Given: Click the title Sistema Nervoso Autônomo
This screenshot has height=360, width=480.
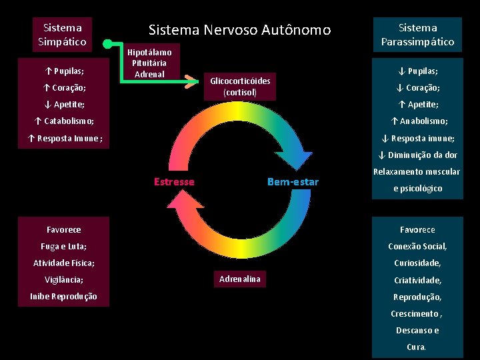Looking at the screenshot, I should point(239,30).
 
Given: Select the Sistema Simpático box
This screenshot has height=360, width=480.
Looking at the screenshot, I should point(62,35).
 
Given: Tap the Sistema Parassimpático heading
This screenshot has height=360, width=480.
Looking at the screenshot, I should point(417,35).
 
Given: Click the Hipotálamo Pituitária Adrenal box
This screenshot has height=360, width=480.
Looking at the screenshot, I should point(149,63).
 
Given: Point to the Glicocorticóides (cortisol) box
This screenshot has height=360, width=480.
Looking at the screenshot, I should point(240,86).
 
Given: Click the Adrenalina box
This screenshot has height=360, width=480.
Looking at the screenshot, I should point(240,279).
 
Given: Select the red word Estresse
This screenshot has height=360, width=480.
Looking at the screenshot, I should point(174,182).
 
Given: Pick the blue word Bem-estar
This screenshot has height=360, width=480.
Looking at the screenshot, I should point(293,182).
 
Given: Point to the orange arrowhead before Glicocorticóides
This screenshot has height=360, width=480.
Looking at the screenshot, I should point(193,81).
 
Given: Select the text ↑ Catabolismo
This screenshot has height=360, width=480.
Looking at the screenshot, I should point(64,121).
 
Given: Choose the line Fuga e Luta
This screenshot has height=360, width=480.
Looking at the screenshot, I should point(63,247).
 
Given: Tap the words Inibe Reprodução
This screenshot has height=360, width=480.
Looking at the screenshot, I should point(63,297).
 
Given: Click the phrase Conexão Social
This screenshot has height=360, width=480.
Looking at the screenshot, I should point(417,247).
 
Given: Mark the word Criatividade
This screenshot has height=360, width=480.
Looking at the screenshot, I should point(417,280).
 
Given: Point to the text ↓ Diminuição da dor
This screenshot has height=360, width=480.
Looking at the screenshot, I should point(417,155).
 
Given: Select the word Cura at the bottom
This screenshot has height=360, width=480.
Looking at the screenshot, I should point(416,347).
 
